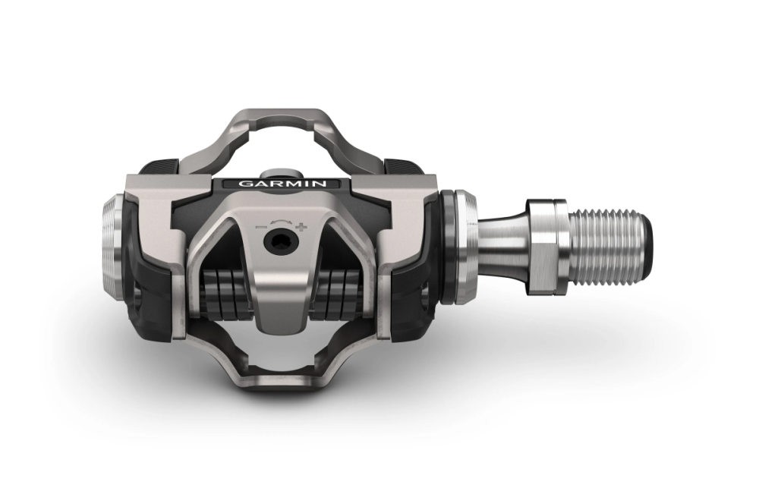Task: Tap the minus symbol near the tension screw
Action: [261, 225]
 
